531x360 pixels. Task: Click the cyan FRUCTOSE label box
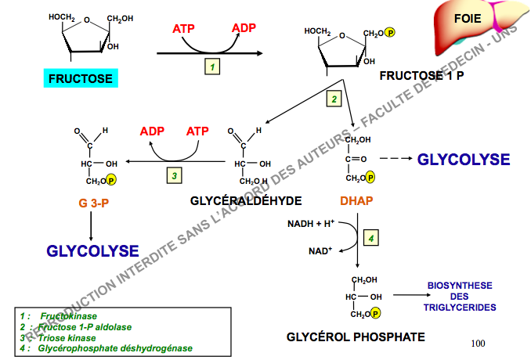pos(81,78)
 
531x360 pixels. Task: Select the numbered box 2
pos(334,99)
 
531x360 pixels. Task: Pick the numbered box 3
pos(175,175)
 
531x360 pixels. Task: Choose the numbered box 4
pos(372,237)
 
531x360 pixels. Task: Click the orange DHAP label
pos(356,201)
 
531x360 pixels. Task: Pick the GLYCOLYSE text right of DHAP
pos(463,160)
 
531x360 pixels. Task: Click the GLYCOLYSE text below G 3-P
pos(92,251)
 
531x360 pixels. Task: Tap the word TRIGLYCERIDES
pos(459,308)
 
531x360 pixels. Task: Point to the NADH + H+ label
pos(311,224)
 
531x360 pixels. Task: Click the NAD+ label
pos(320,251)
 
